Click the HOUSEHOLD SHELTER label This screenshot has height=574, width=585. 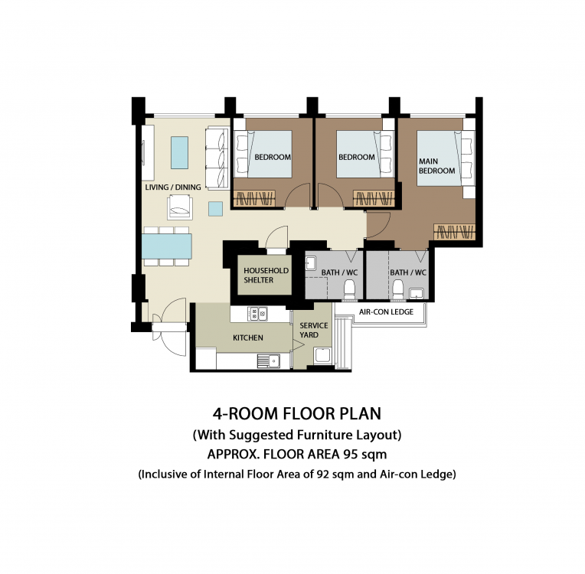tap(266, 276)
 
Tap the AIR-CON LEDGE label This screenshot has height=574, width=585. tap(386, 311)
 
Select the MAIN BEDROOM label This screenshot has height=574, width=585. tap(437, 166)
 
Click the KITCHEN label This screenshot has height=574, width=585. tap(248, 338)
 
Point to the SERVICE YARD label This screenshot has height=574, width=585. tap(313, 330)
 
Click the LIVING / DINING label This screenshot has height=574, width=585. tap(173, 187)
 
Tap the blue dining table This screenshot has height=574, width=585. tap(167, 246)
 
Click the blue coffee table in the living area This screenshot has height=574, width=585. tap(179, 152)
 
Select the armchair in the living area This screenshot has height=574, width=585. tap(180, 208)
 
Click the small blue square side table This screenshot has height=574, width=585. tap(216, 208)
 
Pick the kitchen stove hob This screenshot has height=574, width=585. tap(257, 314)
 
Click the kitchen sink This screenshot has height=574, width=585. tap(269, 361)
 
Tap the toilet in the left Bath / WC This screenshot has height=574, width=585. tap(350, 289)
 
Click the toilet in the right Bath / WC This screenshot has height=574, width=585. tap(397, 289)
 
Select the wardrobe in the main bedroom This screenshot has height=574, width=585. tap(454, 232)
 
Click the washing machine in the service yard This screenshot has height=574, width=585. tap(323, 355)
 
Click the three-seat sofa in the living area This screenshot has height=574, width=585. tap(217, 158)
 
